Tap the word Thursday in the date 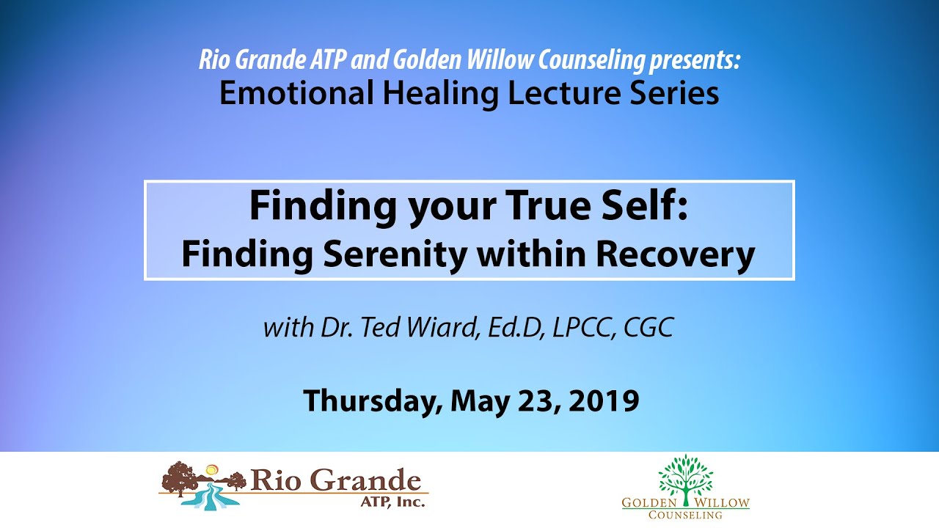pos(371,400)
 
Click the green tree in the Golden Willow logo pos(685,477)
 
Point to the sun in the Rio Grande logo pos(212,469)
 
